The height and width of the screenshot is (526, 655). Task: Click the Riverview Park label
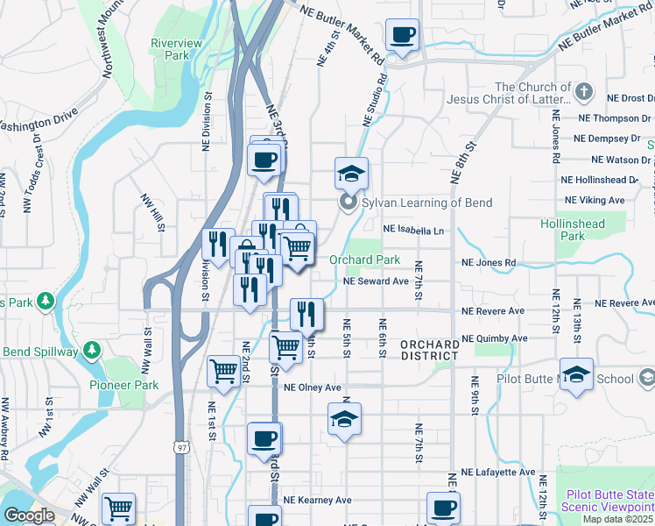pyautogui.click(x=176, y=49)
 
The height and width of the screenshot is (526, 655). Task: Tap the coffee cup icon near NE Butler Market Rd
pyautogui.click(x=402, y=36)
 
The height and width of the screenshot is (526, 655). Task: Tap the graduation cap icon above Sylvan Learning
pyautogui.click(x=351, y=174)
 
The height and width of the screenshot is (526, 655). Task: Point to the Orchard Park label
pyautogui.click(x=364, y=259)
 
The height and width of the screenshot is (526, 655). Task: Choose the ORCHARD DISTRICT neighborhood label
pyautogui.click(x=429, y=350)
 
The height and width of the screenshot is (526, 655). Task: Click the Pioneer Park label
pyautogui.click(x=123, y=385)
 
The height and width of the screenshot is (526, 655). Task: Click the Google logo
pyautogui.click(x=29, y=515)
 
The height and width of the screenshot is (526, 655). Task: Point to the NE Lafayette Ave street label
pyautogui.click(x=497, y=472)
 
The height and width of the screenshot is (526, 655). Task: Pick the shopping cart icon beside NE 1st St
pyautogui.click(x=223, y=370)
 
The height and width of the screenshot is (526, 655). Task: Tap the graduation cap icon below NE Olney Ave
pyautogui.click(x=345, y=418)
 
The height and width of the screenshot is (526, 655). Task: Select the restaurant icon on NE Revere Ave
pyautogui.click(x=306, y=313)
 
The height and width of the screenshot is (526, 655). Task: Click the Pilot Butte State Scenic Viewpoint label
pyautogui.click(x=609, y=501)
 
